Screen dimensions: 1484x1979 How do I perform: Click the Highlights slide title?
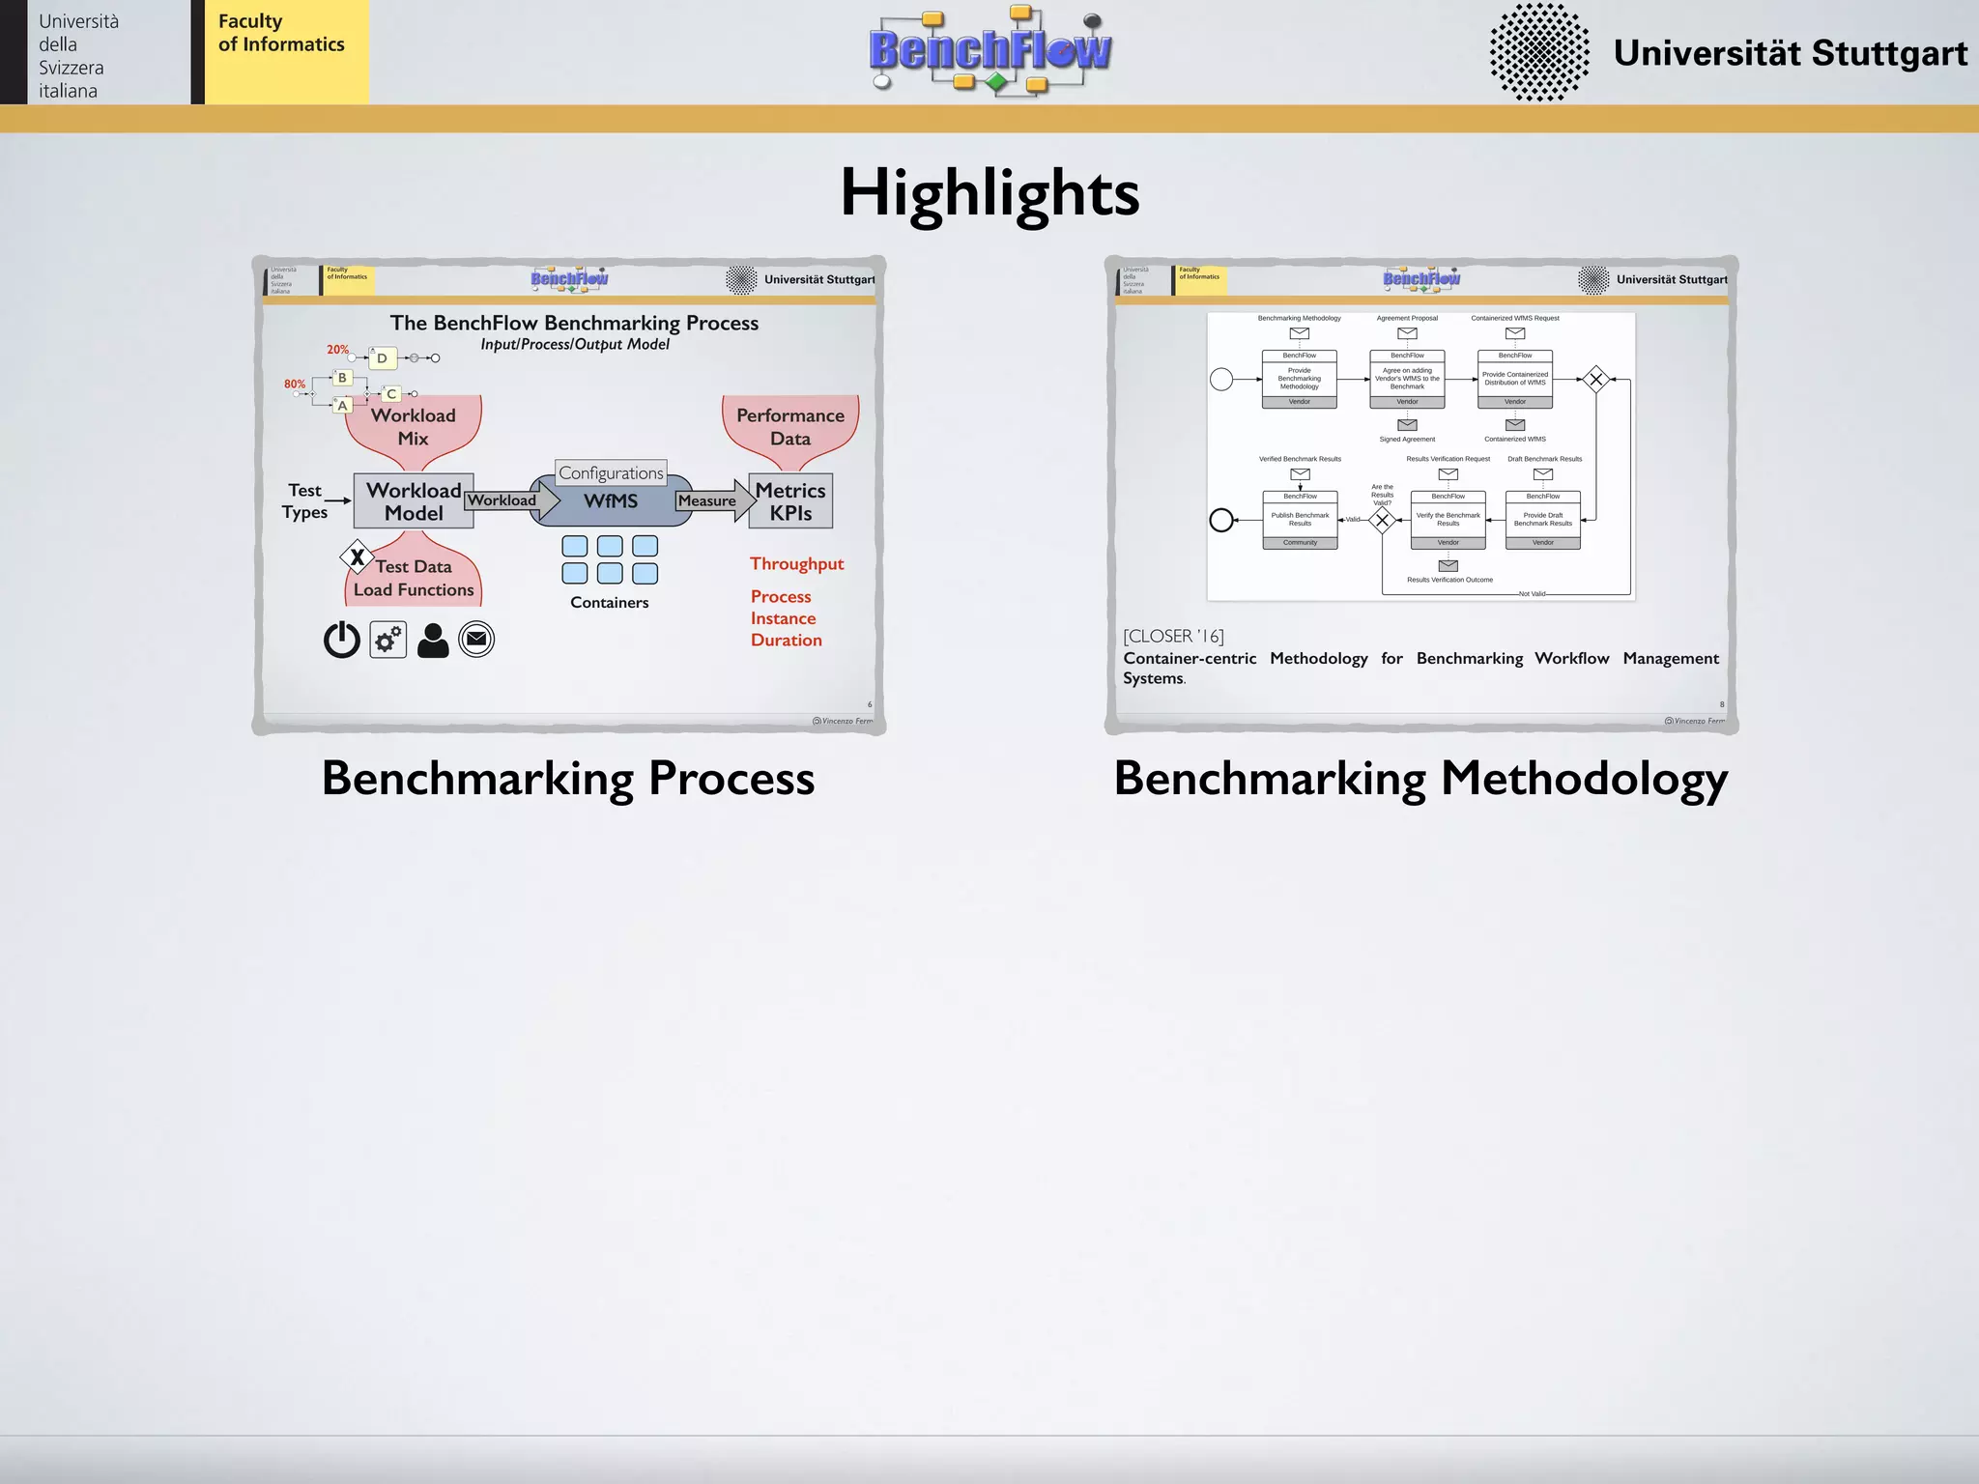tap(989, 192)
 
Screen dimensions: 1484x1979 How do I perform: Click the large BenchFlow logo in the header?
tap(989, 50)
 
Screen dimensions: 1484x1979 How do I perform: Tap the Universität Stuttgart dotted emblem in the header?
tap(1538, 52)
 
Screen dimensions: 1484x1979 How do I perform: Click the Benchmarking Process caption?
tap(568, 778)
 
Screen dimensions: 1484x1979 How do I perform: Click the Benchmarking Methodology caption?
tap(1420, 778)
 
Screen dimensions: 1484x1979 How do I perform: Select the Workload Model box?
tap(414, 500)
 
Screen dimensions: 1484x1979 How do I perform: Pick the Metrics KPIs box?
tap(790, 500)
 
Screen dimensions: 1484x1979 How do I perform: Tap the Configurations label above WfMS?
tap(611, 472)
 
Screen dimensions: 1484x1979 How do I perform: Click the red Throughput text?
tap(796, 563)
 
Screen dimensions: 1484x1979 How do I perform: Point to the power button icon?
tap(342, 640)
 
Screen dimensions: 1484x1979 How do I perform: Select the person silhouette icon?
tap(433, 640)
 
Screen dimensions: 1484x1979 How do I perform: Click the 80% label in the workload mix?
tap(295, 384)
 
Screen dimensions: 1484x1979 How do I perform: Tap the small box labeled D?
tap(383, 358)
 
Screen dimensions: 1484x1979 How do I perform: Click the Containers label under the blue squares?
tap(609, 602)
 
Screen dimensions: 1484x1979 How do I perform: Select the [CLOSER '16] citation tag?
tap(1173, 636)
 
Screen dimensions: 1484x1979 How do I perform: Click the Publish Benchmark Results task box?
tap(1300, 520)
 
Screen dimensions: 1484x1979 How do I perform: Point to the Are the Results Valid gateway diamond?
tap(1382, 520)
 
